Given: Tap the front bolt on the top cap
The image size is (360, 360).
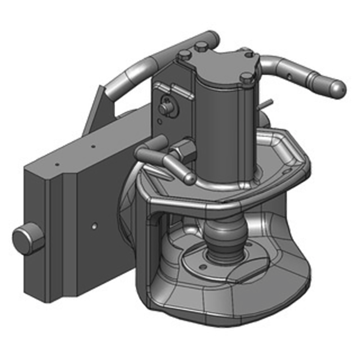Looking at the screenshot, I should (x=246, y=77).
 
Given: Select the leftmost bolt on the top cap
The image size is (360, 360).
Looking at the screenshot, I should (x=184, y=55).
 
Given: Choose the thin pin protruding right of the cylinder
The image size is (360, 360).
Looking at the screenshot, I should (x=267, y=104).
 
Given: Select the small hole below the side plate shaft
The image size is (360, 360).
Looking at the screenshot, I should (x=158, y=121).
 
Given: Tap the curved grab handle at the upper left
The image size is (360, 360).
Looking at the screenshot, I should (x=135, y=72).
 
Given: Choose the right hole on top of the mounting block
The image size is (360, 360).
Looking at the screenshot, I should (x=93, y=146).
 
